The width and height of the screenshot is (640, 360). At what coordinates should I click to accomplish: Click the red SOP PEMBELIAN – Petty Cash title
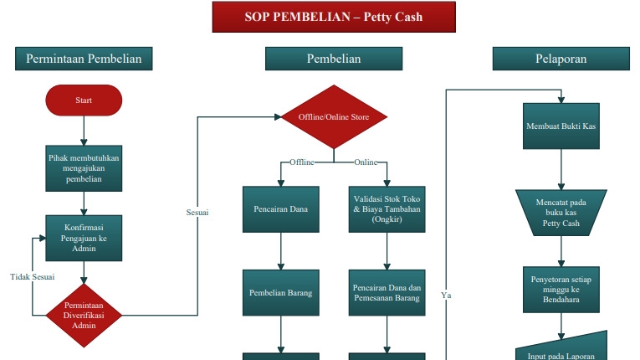(x=334, y=17)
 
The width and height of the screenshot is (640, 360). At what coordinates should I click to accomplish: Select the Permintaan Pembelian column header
(x=84, y=59)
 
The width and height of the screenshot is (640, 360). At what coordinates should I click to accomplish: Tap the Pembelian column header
(x=334, y=59)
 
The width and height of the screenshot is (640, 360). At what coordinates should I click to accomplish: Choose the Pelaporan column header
(x=561, y=59)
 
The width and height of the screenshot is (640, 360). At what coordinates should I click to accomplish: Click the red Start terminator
(x=84, y=100)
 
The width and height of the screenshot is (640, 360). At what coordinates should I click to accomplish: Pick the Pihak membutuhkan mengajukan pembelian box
(x=84, y=167)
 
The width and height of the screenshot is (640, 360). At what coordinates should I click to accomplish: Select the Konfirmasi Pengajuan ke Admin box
(x=84, y=237)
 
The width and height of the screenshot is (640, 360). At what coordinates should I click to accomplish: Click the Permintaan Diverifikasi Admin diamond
(x=84, y=315)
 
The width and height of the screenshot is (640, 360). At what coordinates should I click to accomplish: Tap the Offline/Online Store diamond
(x=334, y=117)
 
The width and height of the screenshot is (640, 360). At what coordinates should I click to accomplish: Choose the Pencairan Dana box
(x=281, y=208)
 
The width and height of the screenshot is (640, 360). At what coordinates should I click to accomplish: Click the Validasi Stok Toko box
(x=387, y=208)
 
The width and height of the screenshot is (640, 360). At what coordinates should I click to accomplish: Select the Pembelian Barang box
(x=281, y=293)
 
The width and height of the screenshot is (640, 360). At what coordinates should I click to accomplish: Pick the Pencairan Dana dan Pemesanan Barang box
(x=387, y=293)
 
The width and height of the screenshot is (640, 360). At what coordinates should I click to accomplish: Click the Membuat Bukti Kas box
(x=561, y=126)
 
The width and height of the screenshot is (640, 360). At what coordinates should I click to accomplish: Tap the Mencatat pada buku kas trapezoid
(x=561, y=212)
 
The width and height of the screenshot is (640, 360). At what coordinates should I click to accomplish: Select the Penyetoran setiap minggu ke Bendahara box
(x=561, y=288)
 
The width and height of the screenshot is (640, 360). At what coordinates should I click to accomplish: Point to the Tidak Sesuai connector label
(x=32, y=276)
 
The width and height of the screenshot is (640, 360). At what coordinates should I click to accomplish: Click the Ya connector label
(x=446, y=295)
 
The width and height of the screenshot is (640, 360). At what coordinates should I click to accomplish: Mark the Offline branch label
(x=301, y=162)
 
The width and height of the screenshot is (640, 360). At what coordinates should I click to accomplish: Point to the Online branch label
(x=366, y=162)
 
